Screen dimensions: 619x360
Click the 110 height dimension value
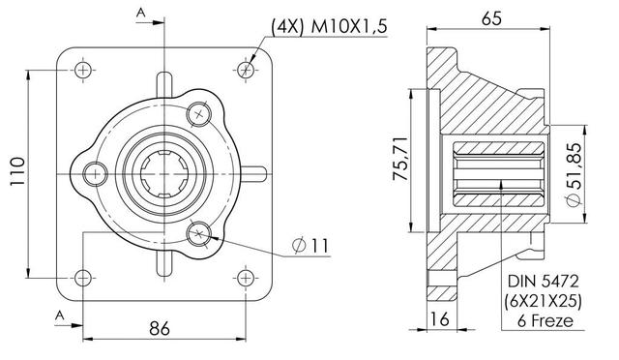click(x=17, y=171)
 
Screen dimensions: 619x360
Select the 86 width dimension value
click(x=160, y=328)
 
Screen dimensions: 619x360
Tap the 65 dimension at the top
click(x=491, y=18)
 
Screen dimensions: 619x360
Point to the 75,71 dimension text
click(x=399, y=159)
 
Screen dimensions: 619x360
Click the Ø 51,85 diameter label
click(x=574, y=174)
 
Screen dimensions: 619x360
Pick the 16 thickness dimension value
click(x=440, y=319)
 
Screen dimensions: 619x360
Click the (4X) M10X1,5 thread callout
click(x=329, y=27)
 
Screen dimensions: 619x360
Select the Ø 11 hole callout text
click(x=310, y=246)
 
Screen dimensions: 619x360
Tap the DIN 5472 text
click(x=544, y=282)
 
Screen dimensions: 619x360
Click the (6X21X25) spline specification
click(x=543, y=301)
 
